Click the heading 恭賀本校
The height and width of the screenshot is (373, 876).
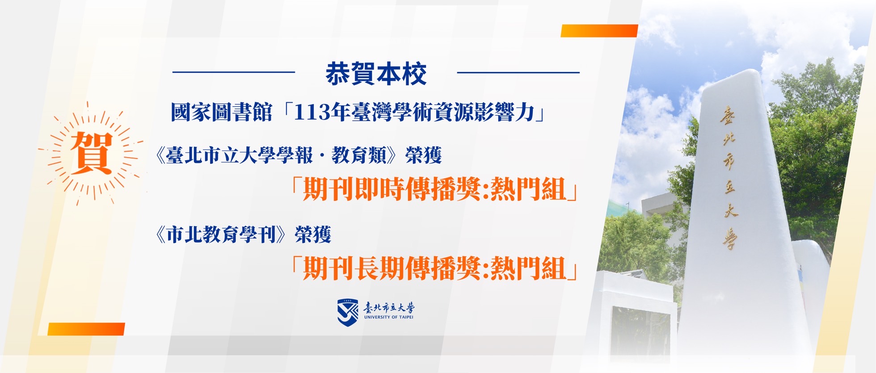coord(376,74)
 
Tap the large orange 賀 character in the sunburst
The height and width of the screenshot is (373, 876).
coord(91,152)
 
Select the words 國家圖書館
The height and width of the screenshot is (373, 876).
coord(221,112)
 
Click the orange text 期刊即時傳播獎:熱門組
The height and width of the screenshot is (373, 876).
coord(435,189)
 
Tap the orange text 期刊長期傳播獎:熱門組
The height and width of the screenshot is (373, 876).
coord(435,268)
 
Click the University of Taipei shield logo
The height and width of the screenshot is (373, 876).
coord(348,312)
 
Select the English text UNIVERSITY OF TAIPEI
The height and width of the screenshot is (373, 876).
coord(389,317)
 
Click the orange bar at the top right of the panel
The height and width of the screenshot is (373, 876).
coord(599,31)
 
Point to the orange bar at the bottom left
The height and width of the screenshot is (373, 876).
coord(86,329)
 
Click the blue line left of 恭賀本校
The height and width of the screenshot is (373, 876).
coord(234,72)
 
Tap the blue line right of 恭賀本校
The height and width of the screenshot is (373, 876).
coord(518,72)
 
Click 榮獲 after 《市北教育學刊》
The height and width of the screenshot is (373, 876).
coord(313,235)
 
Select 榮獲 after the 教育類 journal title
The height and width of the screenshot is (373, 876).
coord(424,155)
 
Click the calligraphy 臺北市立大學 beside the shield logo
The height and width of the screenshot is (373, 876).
coord(389,307)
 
